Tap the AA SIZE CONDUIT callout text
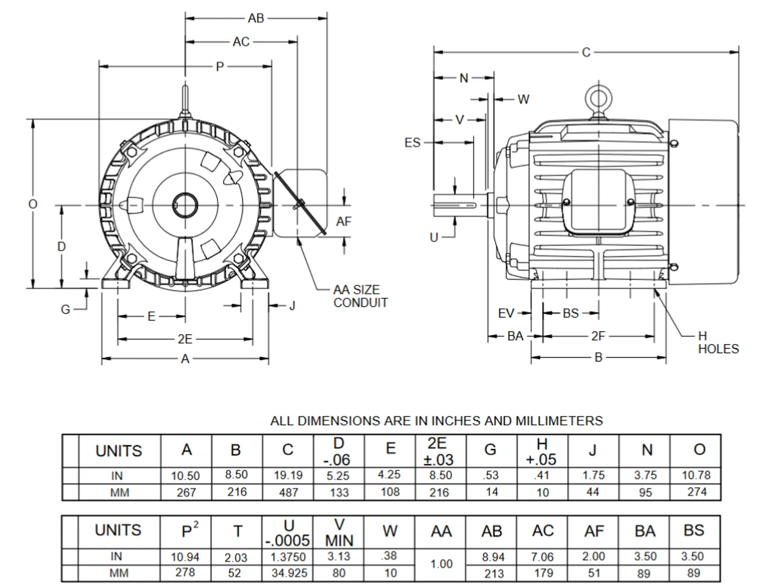coord(360,297)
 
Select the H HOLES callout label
coord(718,343)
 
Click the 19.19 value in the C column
coord(288,476)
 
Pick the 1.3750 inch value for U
coord(288,557)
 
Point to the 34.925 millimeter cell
coord(288,573)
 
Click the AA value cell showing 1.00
coord(441,564)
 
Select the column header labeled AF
coord(594,532)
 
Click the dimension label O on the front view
coord(33,204)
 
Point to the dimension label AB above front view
coord(256,19)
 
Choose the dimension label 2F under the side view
coord(598,336)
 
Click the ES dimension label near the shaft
coord(413,142)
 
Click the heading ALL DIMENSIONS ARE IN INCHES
coord(436,421)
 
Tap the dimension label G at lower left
coord(66,309)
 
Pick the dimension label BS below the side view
coord(570,314)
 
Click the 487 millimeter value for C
coord(288,492)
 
